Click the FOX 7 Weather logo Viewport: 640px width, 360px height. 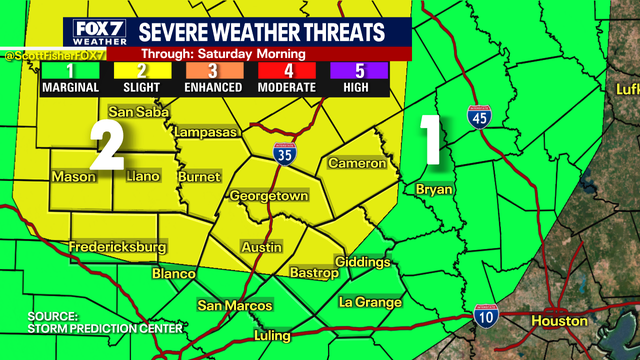(97, 32)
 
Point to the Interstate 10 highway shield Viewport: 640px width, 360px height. (485, 317)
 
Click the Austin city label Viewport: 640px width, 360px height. (261, 246)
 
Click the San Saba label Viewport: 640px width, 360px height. (134, 111)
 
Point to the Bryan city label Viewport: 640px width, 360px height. (435, 189)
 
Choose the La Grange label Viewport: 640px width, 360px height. (370, 302)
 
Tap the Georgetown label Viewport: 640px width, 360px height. (267, 197)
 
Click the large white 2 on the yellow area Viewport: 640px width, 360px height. (107, 146)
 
